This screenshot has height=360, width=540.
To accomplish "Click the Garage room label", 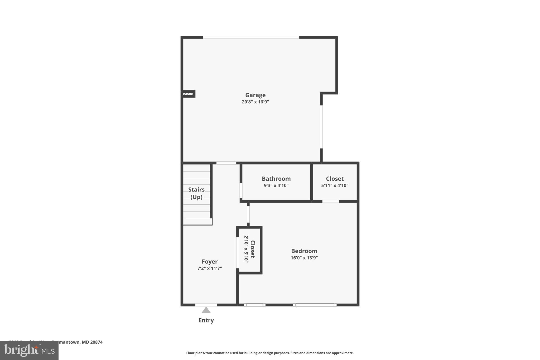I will (255, 95).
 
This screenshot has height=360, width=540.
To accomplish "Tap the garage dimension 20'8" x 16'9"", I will (255, 102).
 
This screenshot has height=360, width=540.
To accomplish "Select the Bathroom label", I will (276, 179).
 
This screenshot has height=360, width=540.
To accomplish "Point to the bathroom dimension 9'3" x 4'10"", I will (276, 185).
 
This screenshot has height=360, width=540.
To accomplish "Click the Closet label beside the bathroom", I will (335, 179).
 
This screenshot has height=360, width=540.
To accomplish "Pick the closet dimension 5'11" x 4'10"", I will (335, 185).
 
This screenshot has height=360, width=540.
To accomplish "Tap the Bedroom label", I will (304, 251).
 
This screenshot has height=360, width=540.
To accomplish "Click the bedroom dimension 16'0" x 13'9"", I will (304, 258).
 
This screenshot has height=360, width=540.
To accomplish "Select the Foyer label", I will (210, 261).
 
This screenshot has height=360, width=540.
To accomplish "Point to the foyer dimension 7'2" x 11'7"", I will (210, 268).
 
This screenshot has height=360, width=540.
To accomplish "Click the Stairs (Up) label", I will (196, 193).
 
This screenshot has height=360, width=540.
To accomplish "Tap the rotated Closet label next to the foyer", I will (252, 249).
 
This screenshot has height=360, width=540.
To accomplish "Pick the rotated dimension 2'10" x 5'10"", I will (246, 249).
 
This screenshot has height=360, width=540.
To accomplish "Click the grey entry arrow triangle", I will (206, 310).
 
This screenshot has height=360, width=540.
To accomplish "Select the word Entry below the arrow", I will (206, 320).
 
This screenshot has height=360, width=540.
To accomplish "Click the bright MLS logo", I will (29, 350).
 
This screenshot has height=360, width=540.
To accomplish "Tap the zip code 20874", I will (96, 342).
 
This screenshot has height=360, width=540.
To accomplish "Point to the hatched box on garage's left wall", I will (188, 94).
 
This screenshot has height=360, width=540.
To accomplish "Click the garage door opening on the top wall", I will (251, 37).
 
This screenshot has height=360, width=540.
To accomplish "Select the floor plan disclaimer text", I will (270, 353).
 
